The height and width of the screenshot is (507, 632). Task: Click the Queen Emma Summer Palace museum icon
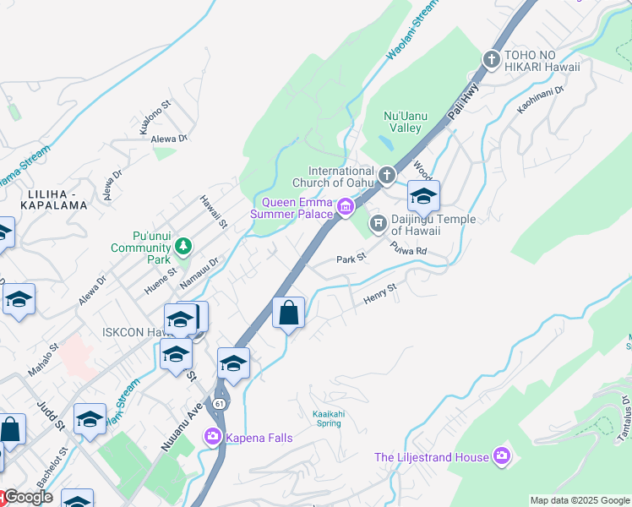coord(346,207)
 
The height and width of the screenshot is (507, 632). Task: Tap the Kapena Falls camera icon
coord(212,437)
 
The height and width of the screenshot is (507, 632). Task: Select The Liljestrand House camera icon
coord(503,456)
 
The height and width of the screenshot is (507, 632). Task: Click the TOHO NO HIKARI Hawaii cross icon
coord(492,59)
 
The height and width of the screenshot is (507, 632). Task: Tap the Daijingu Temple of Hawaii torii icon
coord(378,223)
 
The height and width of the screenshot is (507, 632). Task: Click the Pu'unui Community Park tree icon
coord(183,246)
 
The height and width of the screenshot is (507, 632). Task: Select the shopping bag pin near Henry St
coord(289,313)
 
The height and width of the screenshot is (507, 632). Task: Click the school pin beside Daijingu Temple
coord(423,197)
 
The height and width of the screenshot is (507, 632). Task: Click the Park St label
coord(351,259)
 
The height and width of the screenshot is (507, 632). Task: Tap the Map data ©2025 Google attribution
coord(579,500)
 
